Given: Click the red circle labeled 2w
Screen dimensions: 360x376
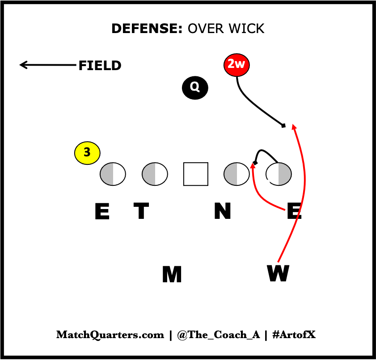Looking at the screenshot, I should click(237, 65).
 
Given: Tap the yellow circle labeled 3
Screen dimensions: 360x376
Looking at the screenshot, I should click(87, 153).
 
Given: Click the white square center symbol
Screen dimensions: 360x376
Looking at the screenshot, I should click(196, 174).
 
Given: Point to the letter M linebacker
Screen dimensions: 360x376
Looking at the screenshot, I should click(172, 274).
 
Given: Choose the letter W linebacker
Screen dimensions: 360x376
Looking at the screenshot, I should click(278, 273).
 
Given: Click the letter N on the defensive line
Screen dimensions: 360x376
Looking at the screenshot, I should click(222, 211).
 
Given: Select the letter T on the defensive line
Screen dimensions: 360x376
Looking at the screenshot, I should click(141, 211).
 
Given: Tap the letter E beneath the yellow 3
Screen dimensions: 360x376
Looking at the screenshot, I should click(102, 212).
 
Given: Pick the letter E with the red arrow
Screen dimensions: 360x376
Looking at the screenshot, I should click(294, 212).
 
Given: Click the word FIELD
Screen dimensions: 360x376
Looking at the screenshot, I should click(100, 66).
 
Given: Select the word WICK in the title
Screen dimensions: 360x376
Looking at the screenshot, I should click(245, 29).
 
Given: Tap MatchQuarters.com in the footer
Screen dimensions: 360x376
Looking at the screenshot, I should click(110, 335).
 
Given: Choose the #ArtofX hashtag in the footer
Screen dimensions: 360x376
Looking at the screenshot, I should click(293, 335).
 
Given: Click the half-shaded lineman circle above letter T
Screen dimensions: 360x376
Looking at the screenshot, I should click(155, 174).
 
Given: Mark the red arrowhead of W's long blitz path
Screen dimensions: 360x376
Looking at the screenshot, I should click(293, 126).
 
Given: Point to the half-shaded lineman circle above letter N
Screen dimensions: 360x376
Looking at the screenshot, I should click(237, 174).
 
